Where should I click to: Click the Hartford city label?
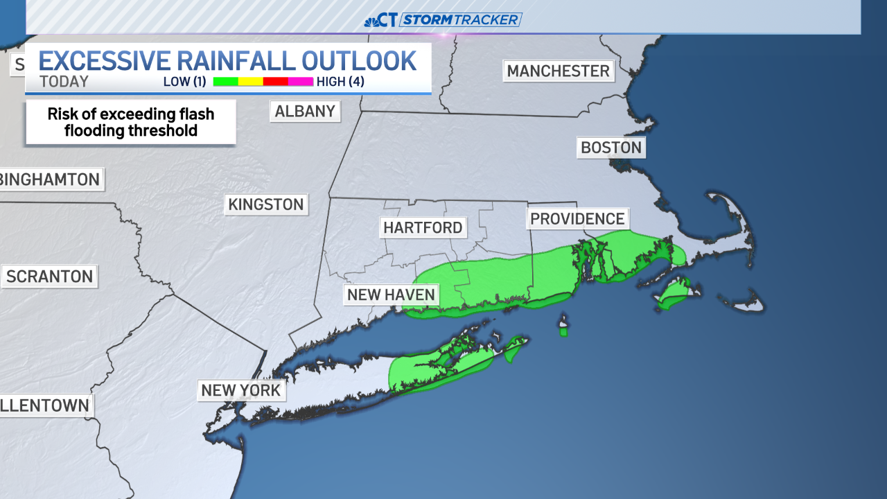423,227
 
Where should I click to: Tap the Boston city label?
611,148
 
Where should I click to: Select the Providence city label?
577,219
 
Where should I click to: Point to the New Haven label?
391,295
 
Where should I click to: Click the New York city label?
240,390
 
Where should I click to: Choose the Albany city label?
305,111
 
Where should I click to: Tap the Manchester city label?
558,71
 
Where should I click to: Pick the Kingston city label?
266,204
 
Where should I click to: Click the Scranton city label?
49,277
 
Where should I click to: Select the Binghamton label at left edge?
50,180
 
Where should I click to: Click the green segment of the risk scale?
225,82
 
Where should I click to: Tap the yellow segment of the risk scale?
250,82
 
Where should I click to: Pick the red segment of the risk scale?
275,82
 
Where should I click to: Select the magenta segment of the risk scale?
301,82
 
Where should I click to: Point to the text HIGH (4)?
340,82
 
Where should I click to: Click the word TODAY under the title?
64,82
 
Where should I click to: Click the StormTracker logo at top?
443,19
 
